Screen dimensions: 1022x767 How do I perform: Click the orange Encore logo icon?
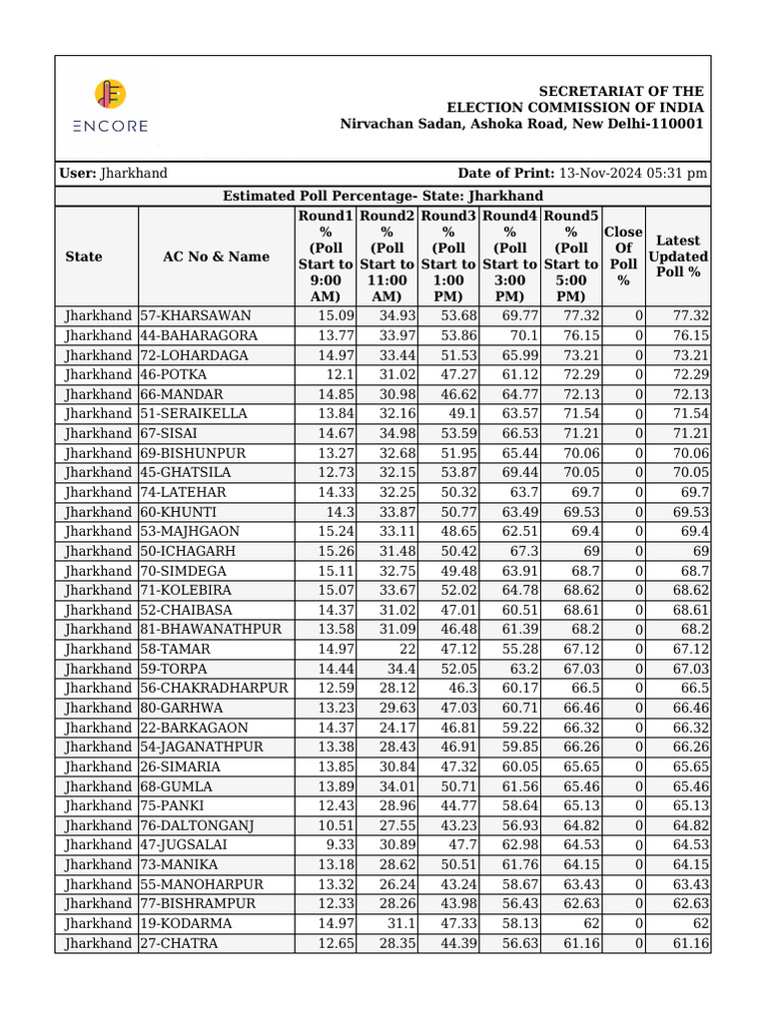110,94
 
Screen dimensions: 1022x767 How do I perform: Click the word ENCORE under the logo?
110,126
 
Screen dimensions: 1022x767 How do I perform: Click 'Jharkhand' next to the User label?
134,173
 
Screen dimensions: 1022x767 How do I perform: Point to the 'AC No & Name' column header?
216,256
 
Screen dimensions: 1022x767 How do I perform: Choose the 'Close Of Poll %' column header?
623,256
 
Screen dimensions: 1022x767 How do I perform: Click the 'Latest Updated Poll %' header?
678,256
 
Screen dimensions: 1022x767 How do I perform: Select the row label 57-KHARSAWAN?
195,315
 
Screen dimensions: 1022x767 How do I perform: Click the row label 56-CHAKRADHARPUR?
214,688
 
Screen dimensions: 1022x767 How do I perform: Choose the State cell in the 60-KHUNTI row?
98,511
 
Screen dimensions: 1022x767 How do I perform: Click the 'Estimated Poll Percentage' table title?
383,196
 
